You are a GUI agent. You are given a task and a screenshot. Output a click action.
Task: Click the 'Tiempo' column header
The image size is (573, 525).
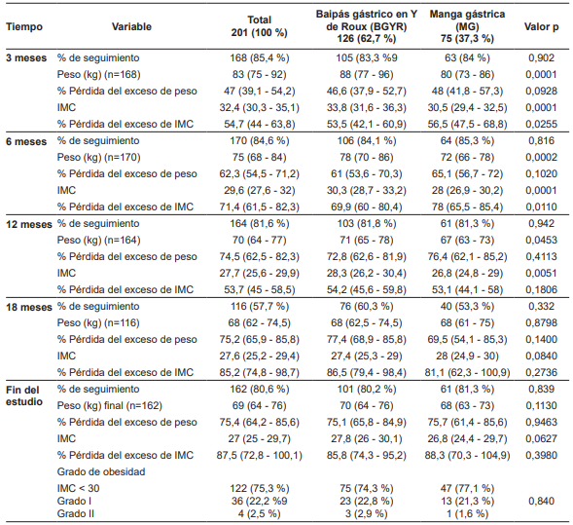[24, 26]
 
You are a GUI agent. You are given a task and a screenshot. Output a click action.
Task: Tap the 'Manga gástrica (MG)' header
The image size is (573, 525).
[454, 26]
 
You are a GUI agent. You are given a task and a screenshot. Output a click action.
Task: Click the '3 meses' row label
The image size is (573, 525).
[25, 59]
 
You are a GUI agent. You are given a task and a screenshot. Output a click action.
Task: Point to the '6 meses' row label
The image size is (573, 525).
[25, 141]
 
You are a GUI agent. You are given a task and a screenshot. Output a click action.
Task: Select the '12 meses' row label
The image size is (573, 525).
[28, 223]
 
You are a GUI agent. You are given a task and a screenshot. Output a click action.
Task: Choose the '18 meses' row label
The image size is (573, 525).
[28, 306]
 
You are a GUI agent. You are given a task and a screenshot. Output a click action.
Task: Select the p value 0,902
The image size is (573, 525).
[541, 59]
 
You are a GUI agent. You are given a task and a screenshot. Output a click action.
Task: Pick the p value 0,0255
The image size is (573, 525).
[541, 125]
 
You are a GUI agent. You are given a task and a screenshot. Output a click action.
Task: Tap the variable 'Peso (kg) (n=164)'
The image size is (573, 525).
[99, 240]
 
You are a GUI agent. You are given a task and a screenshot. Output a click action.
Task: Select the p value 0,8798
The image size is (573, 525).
[541, 322]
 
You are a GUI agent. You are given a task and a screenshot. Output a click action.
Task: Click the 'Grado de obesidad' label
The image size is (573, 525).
[101, 469]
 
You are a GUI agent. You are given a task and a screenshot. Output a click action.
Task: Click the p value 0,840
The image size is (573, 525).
[541, 500]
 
